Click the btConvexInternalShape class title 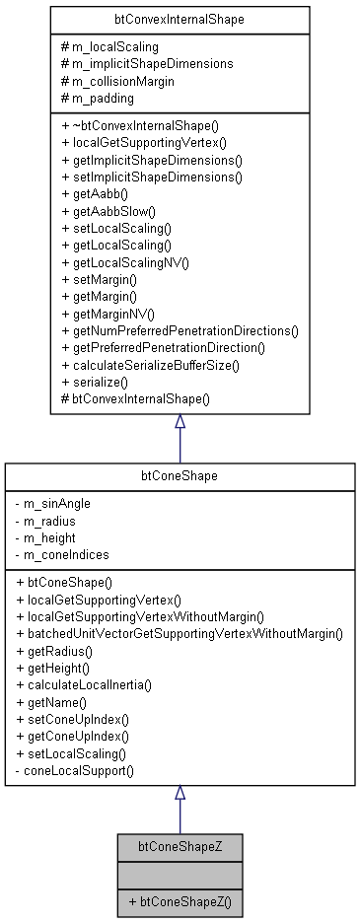coord(180,19)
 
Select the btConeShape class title coord(180,475)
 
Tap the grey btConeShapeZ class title coord(180,845)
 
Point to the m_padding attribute coord(104,99)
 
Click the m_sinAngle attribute coord(60,503)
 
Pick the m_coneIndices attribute coord(66,554)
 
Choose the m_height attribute coord(57,537)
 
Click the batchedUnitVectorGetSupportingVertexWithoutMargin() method coord(180,632)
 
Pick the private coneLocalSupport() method coord(80,768)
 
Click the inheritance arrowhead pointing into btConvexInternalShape coord(180,422)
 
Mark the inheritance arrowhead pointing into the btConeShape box coord(180,793)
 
